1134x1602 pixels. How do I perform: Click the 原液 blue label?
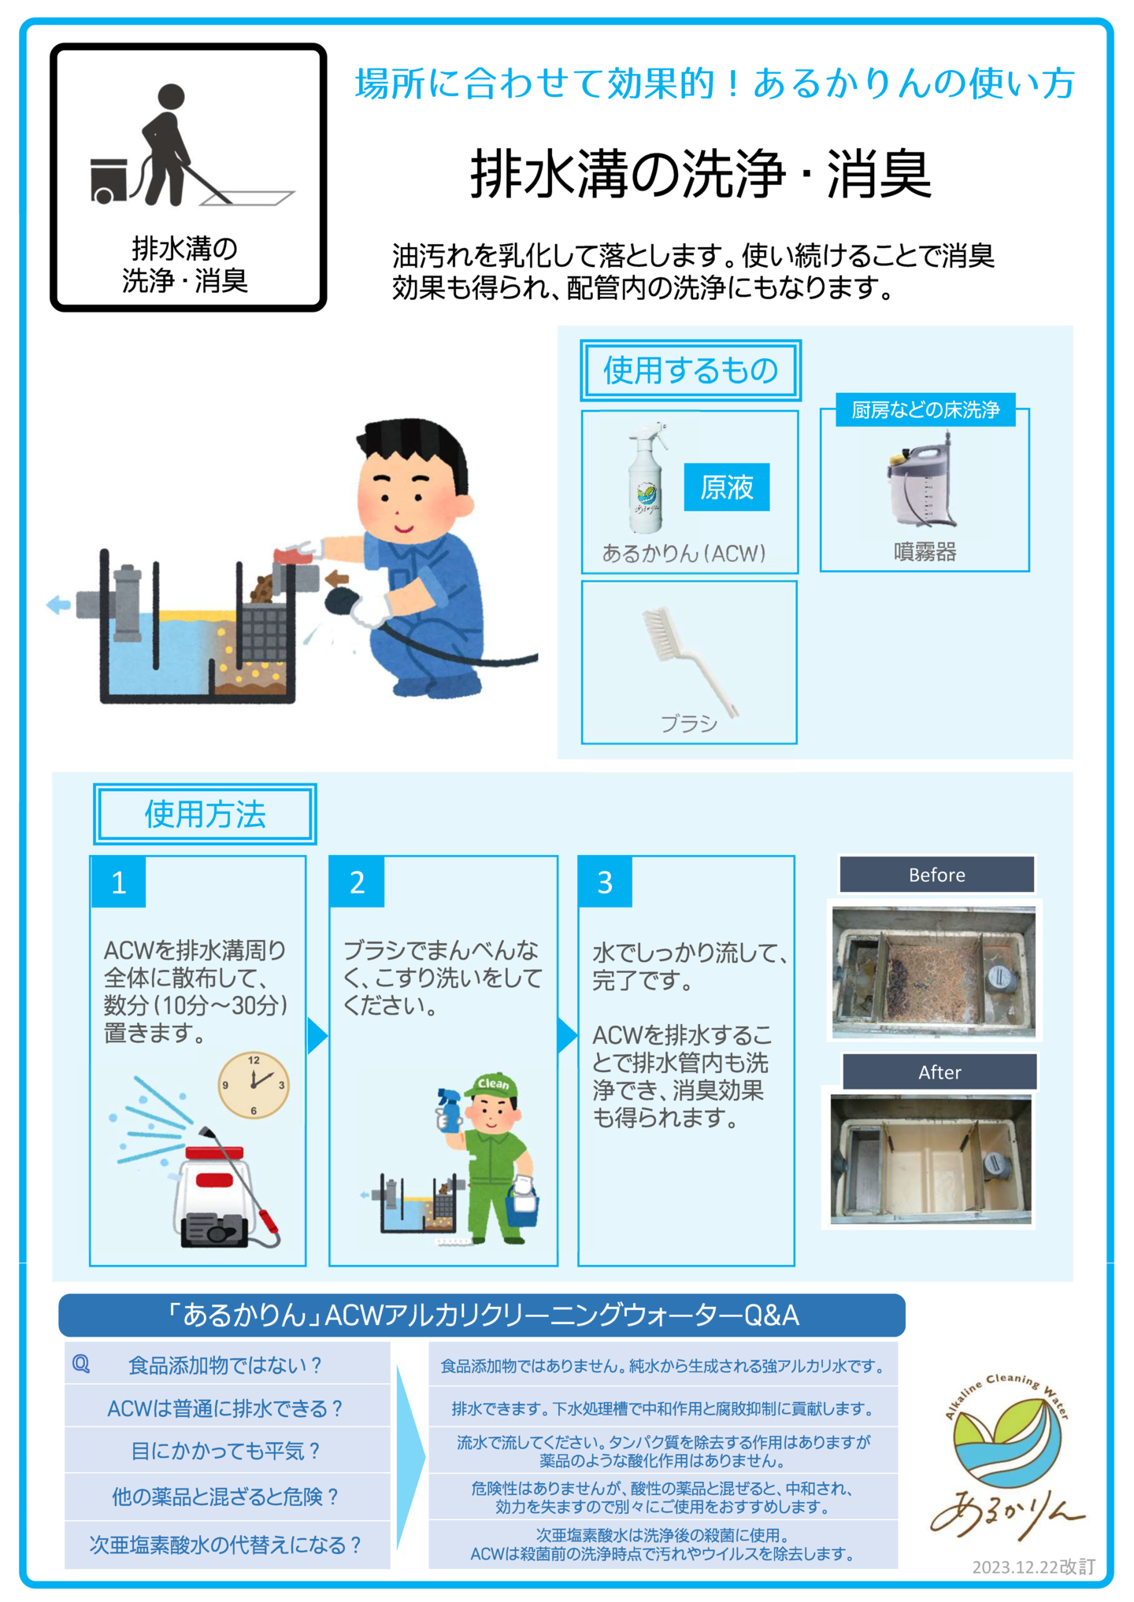click(x=726, y=487)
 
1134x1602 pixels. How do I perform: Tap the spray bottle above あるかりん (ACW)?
click(x=647, y=477)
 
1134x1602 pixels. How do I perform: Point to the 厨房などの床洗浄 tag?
click(x=925, y=409)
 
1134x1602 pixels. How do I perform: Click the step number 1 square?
click(x=119, y=882)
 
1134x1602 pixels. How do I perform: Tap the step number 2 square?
click(x=358, y=882)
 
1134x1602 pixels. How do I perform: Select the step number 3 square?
click(x=605, y=882)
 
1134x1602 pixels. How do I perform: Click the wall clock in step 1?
click(x=254, y=1085)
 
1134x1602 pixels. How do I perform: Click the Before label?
click(x=936, y=875)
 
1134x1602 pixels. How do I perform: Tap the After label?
click(x=939, y=1071)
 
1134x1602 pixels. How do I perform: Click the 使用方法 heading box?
click(x=205, y=814)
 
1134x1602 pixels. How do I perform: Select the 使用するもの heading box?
click(x=691, y=370)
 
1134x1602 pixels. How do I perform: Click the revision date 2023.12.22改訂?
click(x=1033, y=1566)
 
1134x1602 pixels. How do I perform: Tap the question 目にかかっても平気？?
click(x=226, y=1450)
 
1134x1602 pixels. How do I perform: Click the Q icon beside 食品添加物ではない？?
click(x=81, y=1363)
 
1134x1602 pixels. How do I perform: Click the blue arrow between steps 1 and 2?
click(x=317, y=1035)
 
